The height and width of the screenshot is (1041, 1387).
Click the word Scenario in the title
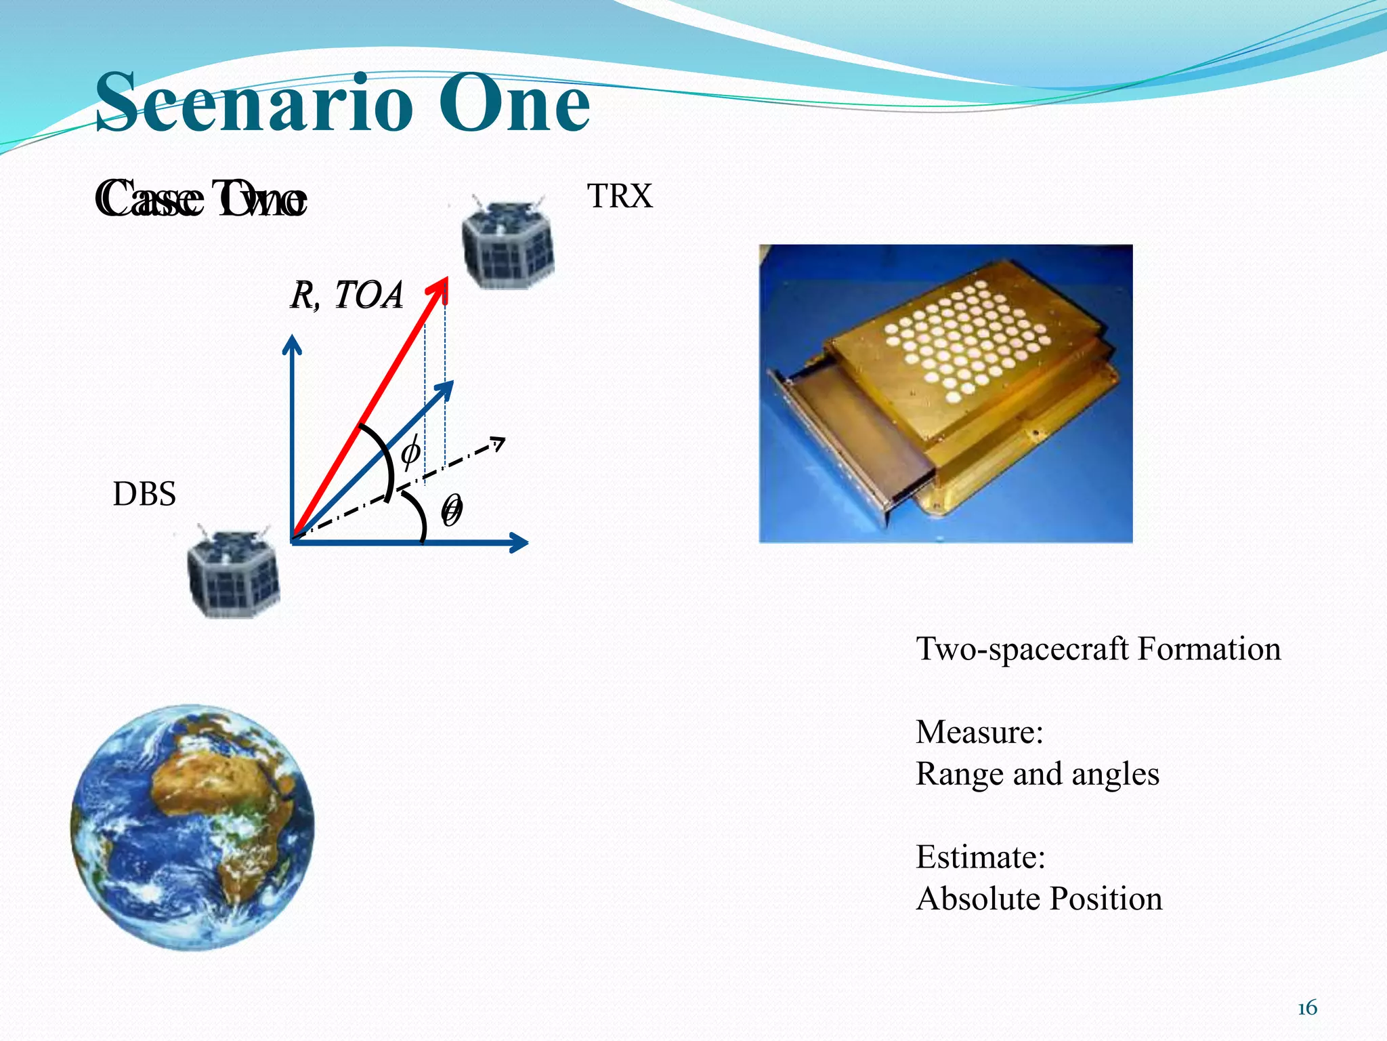[x=254, y=104]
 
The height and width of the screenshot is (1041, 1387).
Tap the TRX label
[x=619, y=197]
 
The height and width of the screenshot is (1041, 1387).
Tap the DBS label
[x=144, y=494]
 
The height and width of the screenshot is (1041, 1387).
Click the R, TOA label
[x=347, y=295]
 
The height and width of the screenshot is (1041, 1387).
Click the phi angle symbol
[x=410, y=452]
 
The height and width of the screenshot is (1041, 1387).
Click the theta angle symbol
[x=452, y=510]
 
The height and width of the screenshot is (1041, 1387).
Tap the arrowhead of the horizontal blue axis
[x=521, y=542]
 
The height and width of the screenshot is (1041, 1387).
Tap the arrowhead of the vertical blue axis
[x=292, y=343]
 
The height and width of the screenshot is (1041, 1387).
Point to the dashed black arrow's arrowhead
[x=499, y=443]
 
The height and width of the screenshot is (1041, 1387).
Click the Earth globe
[x=192, y=827]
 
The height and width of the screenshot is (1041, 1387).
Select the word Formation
[x=1209, y=649]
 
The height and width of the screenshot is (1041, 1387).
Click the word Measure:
[x=979, y=732]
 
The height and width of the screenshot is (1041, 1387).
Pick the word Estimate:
[x=981, y=857]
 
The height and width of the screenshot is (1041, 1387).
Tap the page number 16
[x=1307, y=1008]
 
